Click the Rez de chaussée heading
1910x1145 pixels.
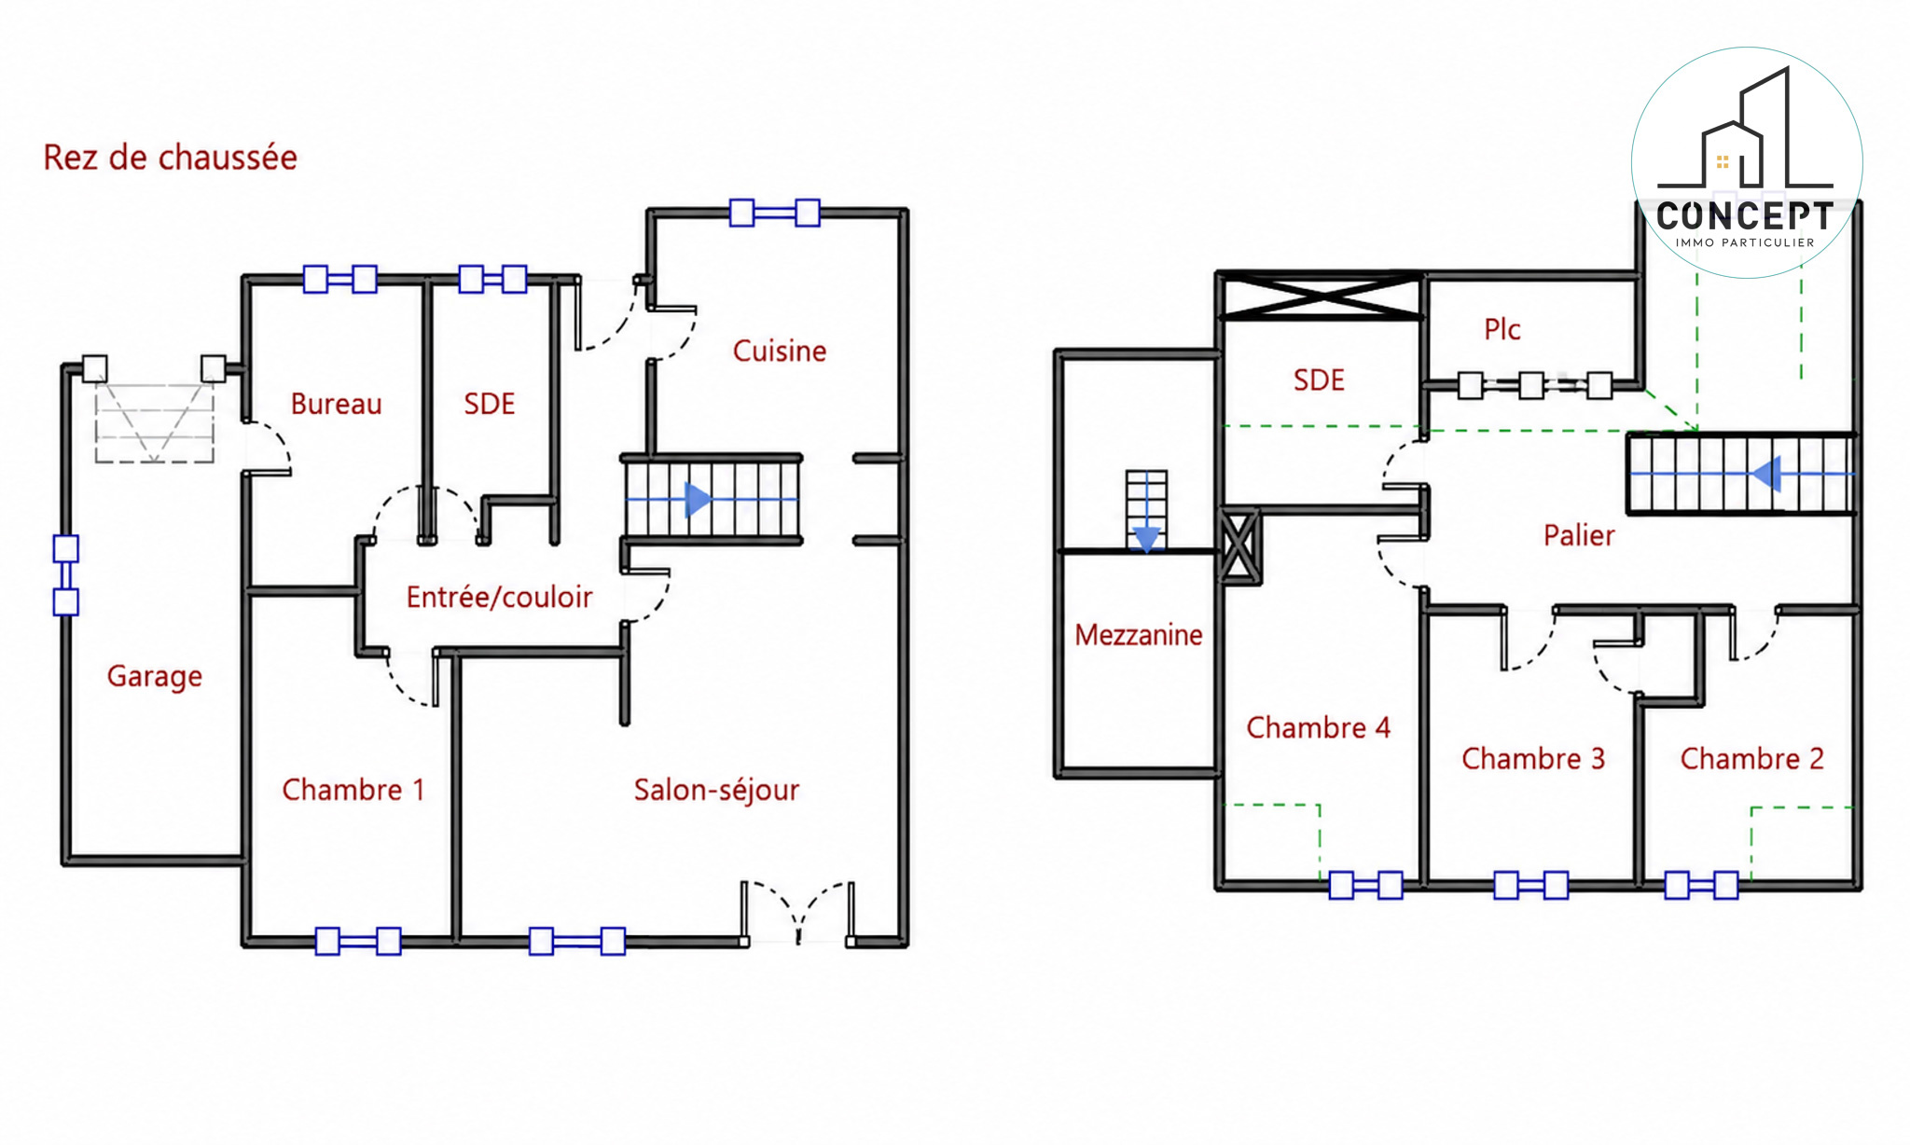coord(171,158)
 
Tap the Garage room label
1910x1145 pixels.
coord(155,676)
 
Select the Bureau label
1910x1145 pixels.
coord(337,404)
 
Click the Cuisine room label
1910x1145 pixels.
coord(780,352)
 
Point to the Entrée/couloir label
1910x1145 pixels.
coord(499,597)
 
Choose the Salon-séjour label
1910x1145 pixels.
coord(716,790)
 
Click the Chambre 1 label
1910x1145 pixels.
coord(353,790)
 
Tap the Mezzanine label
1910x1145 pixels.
coord(1139,635)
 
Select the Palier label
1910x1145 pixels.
coord(1579,535)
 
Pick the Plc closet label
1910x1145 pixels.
coord(1502,329)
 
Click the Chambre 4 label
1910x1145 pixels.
coord(1319,727)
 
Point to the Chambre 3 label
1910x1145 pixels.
coord(1533,759)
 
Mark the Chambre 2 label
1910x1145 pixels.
coord(1752,759)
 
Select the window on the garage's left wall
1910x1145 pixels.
coord(66,575)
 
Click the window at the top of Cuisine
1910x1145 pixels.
coord(775,213)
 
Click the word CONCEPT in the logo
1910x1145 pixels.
coord(1745,216)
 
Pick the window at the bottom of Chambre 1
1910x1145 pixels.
coord(358,942)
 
